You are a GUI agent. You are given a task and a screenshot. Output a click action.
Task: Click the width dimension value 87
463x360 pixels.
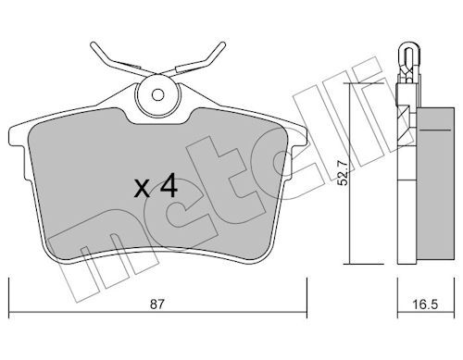pos(156,304)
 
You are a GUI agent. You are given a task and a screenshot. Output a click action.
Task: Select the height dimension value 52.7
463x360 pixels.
pos(343,174)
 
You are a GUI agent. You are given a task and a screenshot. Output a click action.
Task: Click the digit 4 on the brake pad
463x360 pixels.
pos(169,185)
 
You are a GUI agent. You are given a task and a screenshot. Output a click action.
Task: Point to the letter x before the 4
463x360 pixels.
pos(142,189)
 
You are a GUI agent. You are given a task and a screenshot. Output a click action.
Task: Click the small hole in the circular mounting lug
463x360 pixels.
pos(157,95)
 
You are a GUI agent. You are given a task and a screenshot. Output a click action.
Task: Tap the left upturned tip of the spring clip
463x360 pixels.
pos(94,45)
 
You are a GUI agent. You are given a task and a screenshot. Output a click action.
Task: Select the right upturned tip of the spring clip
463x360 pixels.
pos(222,45)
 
